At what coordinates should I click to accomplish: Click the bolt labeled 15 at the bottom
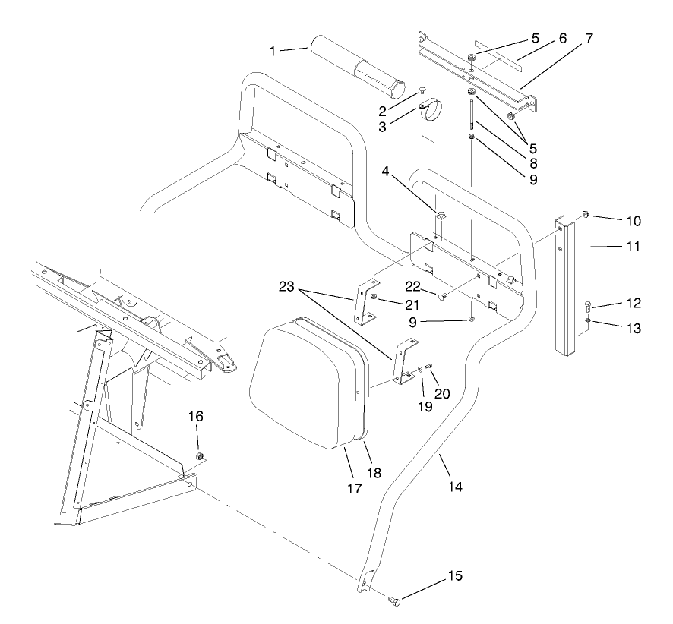tap(394, 601)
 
